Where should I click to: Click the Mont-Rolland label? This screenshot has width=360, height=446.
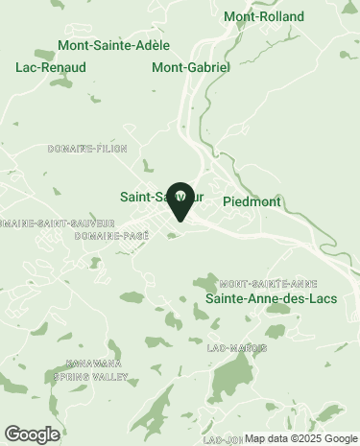(263, 16)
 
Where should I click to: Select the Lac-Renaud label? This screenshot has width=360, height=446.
(51, 67)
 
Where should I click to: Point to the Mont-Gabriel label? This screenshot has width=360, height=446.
(191, 68)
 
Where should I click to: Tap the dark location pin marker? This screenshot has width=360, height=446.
(180, 200)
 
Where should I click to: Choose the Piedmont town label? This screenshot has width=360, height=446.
(252, 202)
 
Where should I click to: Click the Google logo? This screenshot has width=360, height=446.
(32, 434)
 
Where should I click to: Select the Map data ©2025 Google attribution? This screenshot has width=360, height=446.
(300, 438)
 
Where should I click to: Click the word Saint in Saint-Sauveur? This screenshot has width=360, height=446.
(137, 197)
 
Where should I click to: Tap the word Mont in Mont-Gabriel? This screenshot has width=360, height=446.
(167, 68)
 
